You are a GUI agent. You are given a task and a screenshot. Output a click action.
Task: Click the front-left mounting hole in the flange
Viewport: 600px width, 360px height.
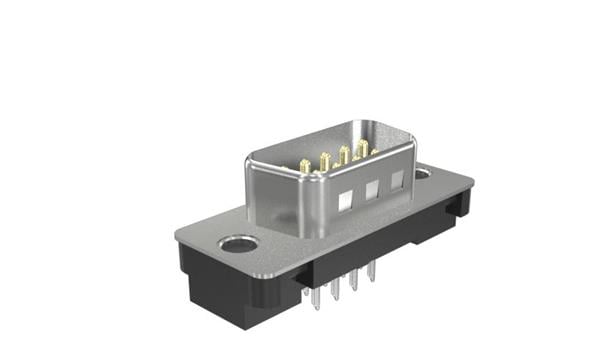238,244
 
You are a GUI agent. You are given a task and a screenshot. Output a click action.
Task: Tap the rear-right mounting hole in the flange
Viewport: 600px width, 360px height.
422,173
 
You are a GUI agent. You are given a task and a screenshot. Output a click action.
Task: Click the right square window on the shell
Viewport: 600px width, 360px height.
397,180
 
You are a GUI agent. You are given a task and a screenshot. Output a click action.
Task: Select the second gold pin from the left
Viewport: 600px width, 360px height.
323,158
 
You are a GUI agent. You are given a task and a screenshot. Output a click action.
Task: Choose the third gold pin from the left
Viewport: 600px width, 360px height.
344,154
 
